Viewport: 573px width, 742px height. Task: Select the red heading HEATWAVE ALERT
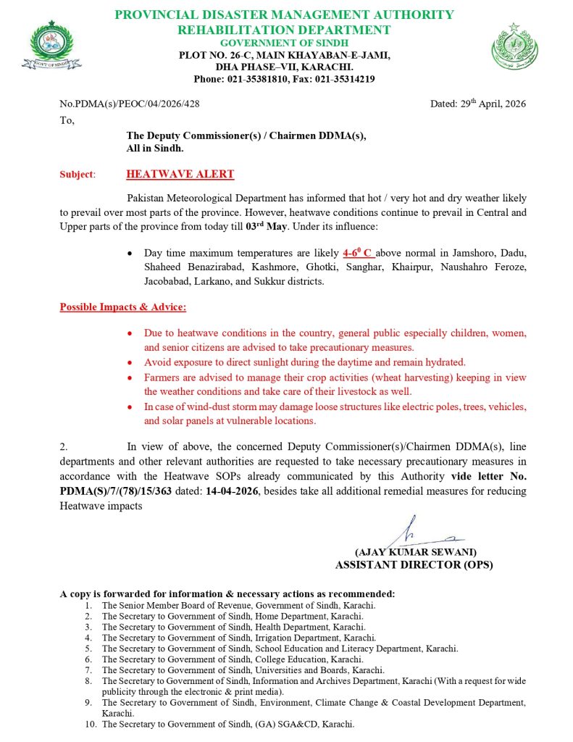[180, 174]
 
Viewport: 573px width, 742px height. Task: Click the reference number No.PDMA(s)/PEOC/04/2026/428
[130, 104]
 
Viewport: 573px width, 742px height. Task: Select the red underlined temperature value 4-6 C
[358, 254]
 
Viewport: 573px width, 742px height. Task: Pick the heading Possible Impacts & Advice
[122, 307]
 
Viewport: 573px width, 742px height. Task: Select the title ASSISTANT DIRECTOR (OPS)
[414, 564]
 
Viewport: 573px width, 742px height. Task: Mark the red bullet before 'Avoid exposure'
[129, 362]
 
